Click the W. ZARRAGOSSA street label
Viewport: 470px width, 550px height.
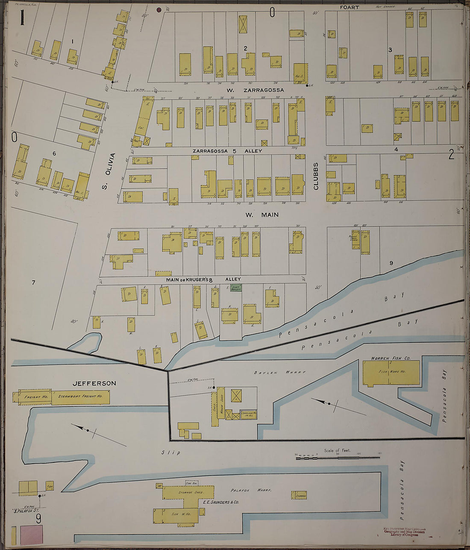tap(255, 90)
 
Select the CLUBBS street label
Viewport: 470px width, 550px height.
tap(316, 176)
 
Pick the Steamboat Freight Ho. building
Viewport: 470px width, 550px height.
tap(80, 397)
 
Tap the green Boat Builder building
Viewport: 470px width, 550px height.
tap(236, 288)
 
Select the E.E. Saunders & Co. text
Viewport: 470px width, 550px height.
tap(221, 502)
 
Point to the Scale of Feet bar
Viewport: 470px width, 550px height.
tap(338, 458)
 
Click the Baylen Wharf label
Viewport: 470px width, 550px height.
tap(280, 373)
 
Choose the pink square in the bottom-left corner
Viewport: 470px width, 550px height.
tap(32, 535)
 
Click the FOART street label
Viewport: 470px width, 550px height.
tap(349, 7)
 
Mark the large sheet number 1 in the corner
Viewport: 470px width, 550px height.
tap(21, 18)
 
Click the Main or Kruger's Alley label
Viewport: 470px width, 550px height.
tap(203, 279)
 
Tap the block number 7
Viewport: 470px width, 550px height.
tap(33, 282)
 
